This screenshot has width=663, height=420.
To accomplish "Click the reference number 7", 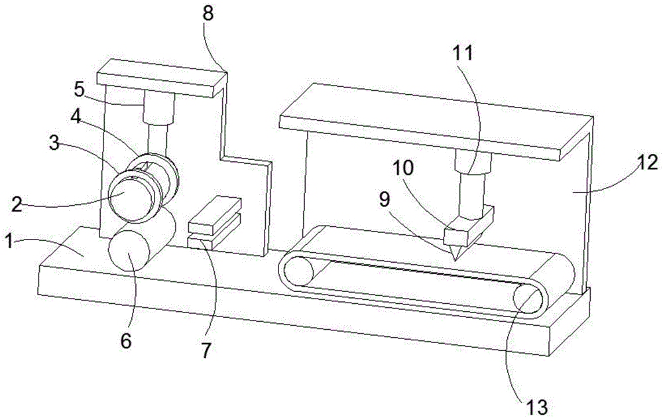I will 207,350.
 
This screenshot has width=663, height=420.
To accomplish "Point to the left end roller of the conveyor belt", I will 298,270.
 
